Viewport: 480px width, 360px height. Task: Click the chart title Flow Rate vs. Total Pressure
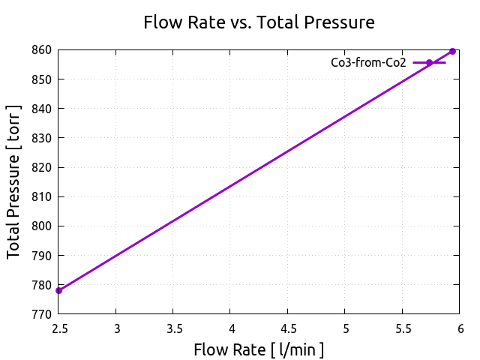(x=259, y=22)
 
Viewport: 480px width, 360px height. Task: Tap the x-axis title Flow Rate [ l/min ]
(x=259, y=349)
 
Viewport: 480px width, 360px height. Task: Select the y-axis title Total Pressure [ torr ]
(x=14, y=181)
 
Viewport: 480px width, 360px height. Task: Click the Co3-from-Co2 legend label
(x=368, y=63)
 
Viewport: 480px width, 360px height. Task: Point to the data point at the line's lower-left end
(x=58, y=291)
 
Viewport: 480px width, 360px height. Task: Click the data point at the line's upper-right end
(x=452, y=51)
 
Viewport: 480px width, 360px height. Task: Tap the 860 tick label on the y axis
(x=42, y=50)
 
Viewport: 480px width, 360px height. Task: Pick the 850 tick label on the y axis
(x=42, y=79)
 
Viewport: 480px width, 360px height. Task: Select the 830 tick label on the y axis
(x=42, y=138)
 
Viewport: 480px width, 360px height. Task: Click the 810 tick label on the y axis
(x=42, y=196)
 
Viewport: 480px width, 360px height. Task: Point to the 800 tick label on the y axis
(x=42, y=226)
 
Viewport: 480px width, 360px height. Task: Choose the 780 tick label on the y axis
(x=42, y=284)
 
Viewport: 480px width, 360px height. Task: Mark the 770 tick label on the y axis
(x=42, y=313)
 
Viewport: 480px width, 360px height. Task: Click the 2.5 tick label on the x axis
(x=58, y=328)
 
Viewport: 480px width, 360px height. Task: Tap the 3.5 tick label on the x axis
(x=173, y=328)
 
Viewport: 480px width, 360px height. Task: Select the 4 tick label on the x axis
(x=231, y=328)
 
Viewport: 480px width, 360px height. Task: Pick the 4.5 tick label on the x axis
(x=288, y=328)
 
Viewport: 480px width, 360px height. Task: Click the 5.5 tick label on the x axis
(x=403, y=328)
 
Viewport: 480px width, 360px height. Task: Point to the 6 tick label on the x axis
(x=460, y=328)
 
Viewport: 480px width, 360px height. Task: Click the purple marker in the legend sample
(x=429, y=63)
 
